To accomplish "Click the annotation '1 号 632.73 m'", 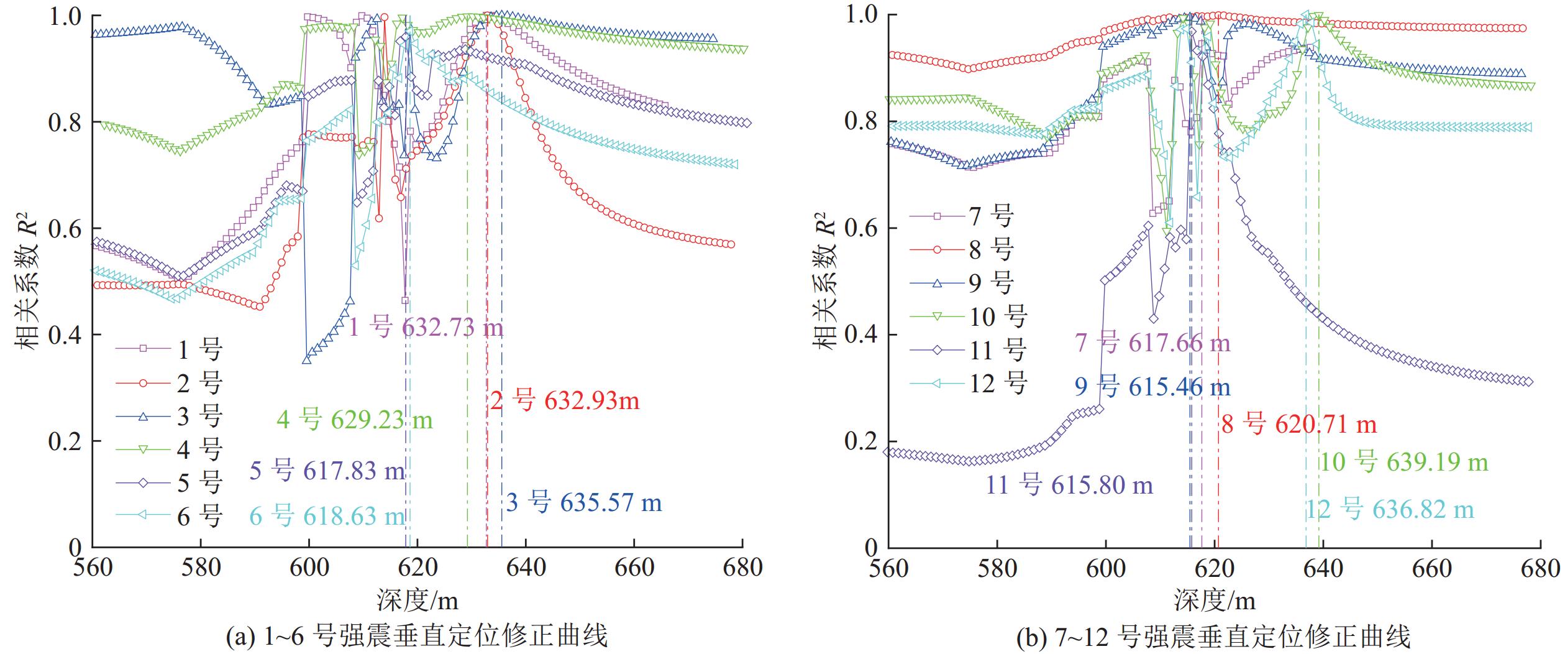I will click(426, 327).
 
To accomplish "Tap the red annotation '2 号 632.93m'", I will click(564, 400).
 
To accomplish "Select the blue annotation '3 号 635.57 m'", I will click(583, 502).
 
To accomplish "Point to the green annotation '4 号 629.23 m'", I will click(354, 420).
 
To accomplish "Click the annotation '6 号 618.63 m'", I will click(327, 516).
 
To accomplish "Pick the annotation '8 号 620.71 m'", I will click(1298, 425).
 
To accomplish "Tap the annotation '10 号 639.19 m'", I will click(1403, 462).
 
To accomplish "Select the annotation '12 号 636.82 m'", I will click(1389, 510).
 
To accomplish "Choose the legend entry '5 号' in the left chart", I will click(199, 482).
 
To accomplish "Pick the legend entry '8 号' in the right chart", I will click(992, 249).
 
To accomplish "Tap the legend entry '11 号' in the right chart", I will click(998, 350).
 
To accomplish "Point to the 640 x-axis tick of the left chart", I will click(526, 568).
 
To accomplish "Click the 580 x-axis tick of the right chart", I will click(997, 568).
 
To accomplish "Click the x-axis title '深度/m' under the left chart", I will click(417, 600).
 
